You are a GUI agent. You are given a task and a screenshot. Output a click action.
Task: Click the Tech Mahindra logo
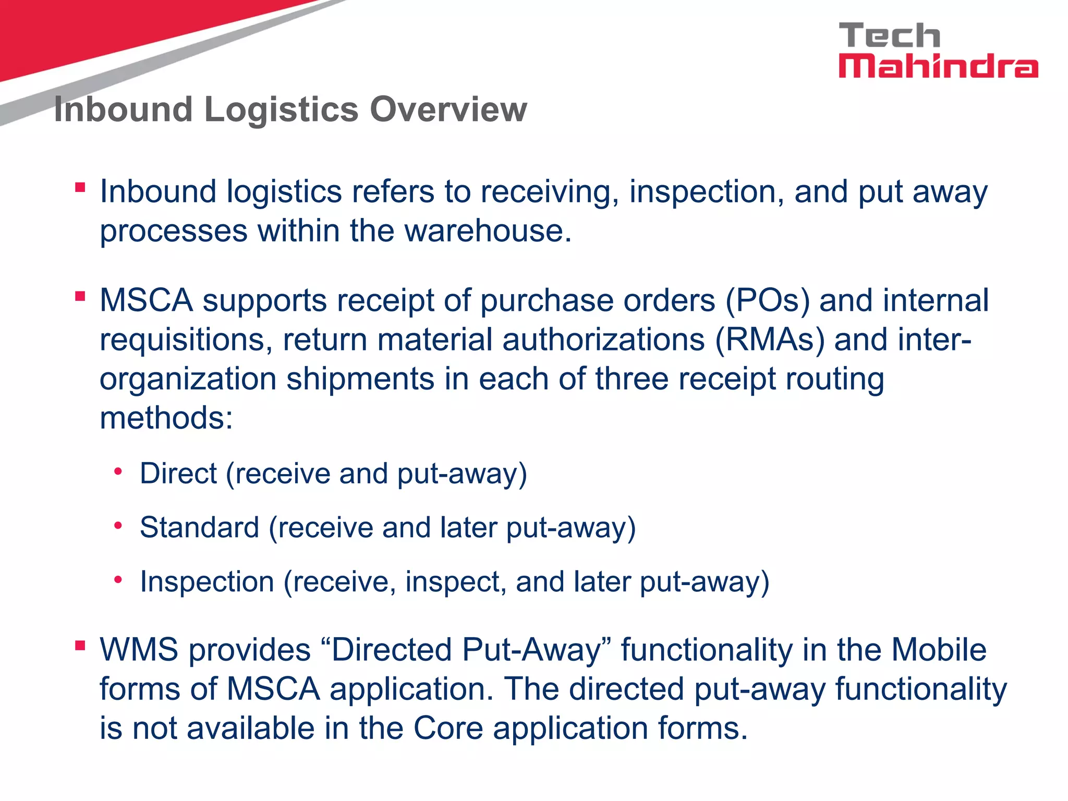[938, 51]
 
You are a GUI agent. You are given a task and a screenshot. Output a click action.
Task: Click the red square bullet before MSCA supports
[80, 296]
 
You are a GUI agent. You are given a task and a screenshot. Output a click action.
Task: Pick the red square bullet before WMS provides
[80, 646]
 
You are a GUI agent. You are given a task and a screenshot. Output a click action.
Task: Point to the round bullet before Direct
[118, 472]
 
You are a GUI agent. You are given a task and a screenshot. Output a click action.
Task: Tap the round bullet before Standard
[118, 526]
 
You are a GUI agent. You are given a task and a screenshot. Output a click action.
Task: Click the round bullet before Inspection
[118, 580]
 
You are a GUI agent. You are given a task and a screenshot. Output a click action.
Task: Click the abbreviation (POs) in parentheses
[767, 301]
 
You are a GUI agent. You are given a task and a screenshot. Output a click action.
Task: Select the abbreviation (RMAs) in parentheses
[770, 340]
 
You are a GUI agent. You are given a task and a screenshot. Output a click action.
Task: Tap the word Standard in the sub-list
[199, 527]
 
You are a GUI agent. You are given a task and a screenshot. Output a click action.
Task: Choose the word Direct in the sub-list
[178, 474]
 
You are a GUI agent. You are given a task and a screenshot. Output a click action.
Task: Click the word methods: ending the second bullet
[166, 418]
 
